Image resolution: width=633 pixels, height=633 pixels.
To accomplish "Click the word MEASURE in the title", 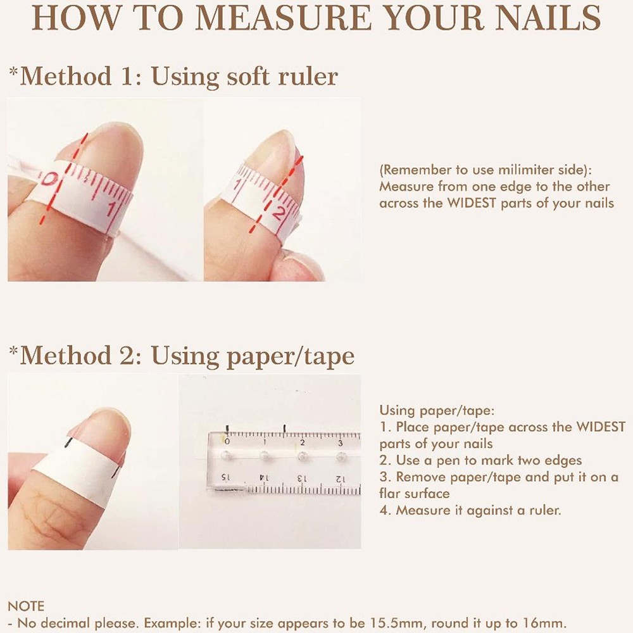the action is point(283,18).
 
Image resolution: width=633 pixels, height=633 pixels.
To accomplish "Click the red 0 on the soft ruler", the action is point(47,179).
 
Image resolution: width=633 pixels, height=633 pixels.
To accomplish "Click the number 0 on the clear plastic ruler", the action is point(227,442).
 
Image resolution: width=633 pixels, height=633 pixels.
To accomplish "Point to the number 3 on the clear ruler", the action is point(341,443).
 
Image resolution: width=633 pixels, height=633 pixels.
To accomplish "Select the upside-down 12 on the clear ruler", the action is point(340,479).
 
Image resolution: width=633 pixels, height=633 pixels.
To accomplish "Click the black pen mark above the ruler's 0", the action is point(228,429).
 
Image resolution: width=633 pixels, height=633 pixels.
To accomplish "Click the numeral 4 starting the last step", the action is point(384,510).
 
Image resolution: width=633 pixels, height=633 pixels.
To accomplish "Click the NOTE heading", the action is point(26,606).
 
